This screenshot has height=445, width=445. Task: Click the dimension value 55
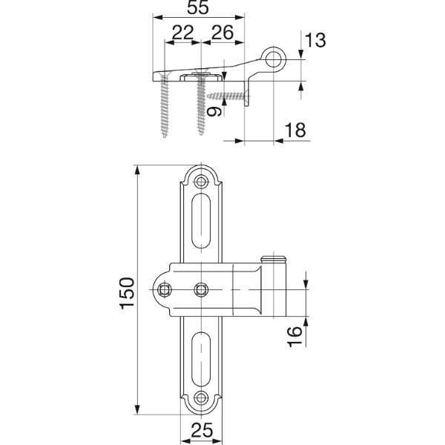pos(198,7)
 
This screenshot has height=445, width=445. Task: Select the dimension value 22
pos(182,33)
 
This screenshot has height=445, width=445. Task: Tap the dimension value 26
pos(222,33)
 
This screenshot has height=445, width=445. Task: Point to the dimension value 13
pos(315,40)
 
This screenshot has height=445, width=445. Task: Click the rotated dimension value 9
pos(214,111)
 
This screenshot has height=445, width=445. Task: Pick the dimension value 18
pos(295,131)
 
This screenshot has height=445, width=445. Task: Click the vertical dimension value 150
pos(127,293)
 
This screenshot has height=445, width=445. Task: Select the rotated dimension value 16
pos(294,337)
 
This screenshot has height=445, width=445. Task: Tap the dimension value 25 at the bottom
pos(202,430)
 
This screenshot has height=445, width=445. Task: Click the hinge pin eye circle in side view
pos(273,59)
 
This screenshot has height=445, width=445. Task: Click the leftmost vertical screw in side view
pos(165,105)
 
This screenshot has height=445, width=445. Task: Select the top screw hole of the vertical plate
pos(201,181)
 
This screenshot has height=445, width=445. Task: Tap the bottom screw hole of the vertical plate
pos(201,398)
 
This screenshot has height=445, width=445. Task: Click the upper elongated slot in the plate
pos(201,221)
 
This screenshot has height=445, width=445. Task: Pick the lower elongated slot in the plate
pos(201,359)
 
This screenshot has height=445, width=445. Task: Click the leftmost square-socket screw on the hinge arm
pos(165,290)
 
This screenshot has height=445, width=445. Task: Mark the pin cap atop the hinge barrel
pos(273,259)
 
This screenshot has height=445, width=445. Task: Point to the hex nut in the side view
pos(201,77)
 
